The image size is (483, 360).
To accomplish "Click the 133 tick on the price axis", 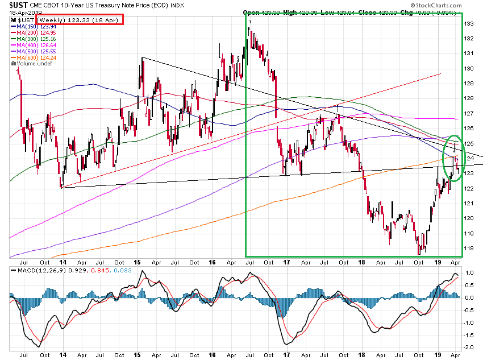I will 469,24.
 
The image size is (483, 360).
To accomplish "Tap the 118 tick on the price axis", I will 469,248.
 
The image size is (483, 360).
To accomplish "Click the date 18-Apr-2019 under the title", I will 22,12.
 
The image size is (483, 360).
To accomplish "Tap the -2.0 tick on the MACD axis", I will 470,347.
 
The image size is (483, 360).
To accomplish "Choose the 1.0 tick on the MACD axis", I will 470,272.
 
